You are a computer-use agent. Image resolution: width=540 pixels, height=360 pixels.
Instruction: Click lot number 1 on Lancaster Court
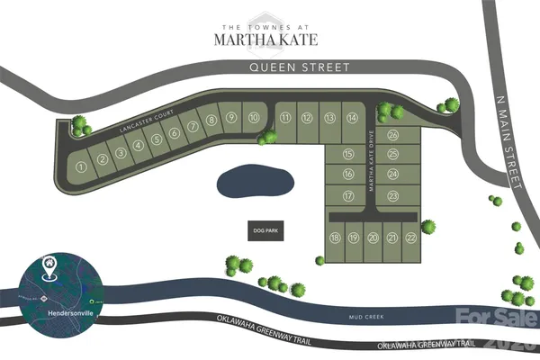(x=81, y=166)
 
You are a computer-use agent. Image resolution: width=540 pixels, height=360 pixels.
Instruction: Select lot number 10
(x=254, y=117)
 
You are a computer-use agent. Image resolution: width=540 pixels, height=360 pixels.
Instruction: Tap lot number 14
(x=353, y=118)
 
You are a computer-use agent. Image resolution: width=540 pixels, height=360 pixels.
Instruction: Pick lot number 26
(x=393, y=135)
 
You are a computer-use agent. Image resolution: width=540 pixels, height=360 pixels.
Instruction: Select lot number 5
(x=156, y=139)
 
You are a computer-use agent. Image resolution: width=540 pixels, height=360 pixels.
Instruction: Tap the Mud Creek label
(x=366, y=319)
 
